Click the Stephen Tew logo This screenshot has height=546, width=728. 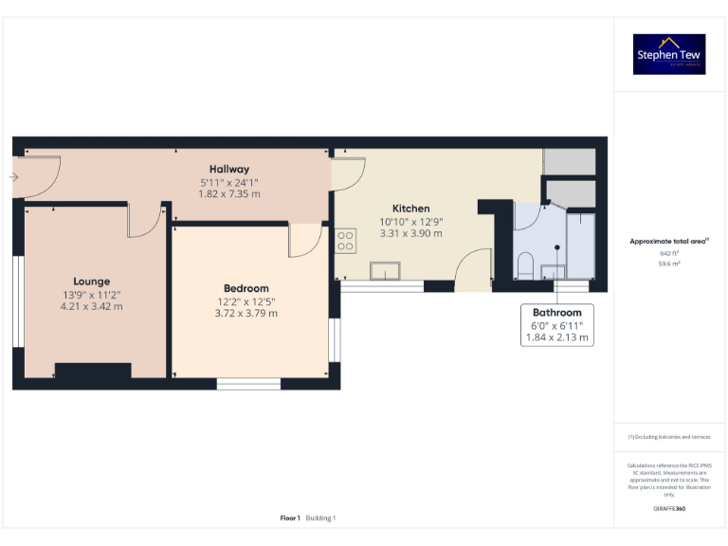[670, 54]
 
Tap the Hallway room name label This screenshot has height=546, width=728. [229, 169]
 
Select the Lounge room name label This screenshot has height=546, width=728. [92, 281]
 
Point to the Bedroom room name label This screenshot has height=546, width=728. [246, 288]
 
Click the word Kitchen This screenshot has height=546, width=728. [411, 209]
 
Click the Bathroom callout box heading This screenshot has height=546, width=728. [557, 312]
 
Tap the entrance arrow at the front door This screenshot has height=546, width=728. [13, 176]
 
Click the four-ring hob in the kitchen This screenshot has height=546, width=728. [345, 241]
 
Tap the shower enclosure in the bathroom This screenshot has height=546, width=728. [579, 245]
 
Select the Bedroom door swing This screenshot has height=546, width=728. [305, 240]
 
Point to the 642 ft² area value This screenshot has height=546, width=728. [669, 254]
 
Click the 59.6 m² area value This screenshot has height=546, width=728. [669, 265]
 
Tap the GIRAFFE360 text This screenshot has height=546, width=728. [669, 509]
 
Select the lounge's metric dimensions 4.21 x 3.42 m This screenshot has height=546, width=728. [92, 306]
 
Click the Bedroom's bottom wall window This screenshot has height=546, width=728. [248, 383]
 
